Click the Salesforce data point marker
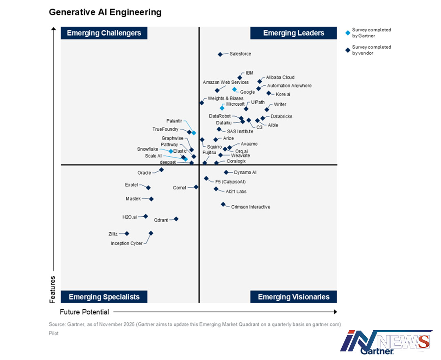pos(220,54)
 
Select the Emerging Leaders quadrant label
pos(294,33)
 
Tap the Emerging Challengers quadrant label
pos(104,33)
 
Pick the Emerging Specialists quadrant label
pos(104,297)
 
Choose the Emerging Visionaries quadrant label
pos(294,297)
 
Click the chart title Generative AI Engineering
pos(105,12)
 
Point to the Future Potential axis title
pos(85,312)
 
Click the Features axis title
pos(52,289)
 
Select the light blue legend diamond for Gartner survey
pos(347,33)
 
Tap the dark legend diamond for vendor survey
pos(347,50)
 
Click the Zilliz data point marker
pos(127,233)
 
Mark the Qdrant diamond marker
pos(176,219)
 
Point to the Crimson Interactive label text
pos(250,207)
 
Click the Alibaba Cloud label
pos(280,78)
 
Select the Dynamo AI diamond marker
pos(226,172)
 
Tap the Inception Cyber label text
pos(127,244)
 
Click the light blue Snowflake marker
pos(171,151)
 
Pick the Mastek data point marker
pos(151,199)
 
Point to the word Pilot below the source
pos(53,333)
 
